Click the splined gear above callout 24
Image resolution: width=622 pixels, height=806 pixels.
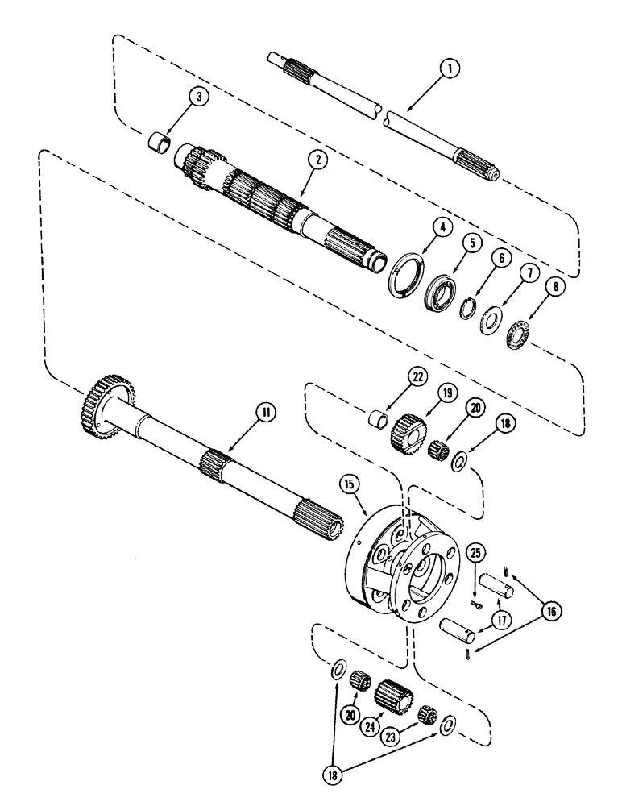tap(392, 692)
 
